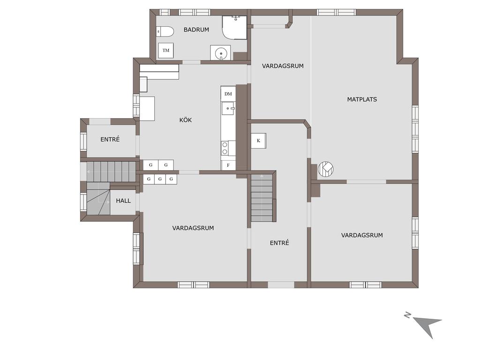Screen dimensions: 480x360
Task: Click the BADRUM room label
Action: click(x=196, y=30)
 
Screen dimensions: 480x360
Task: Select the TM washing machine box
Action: click(x=166, y=51)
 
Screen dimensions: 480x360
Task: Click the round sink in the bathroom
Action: click(x=220, y=53)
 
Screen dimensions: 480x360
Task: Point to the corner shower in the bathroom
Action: click(x=234, y=28)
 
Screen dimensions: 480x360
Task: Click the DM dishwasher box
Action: click(x=228, y=94)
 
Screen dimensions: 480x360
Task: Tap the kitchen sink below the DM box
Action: click(x=228, y=108)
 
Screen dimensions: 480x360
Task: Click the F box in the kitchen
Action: click(x=228, y=165)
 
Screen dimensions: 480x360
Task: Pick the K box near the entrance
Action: click(x=259, y=141)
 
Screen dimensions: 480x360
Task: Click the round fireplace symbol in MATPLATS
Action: click(x=326, y=169)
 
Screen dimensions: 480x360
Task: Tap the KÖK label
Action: click(x=186, y=120)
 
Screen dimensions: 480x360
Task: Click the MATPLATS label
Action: click(x=362, y=99)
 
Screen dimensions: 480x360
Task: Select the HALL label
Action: click(x=123, y=201)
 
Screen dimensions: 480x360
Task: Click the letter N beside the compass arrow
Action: click(x=407, y=315)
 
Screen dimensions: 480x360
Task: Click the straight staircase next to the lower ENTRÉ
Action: click(x=262, y=197)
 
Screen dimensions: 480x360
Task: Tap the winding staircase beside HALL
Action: click(x=98, y=199)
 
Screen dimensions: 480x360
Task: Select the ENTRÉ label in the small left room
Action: click(x=110, y=139)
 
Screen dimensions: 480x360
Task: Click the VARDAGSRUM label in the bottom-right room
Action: click(x=362, y=235)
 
